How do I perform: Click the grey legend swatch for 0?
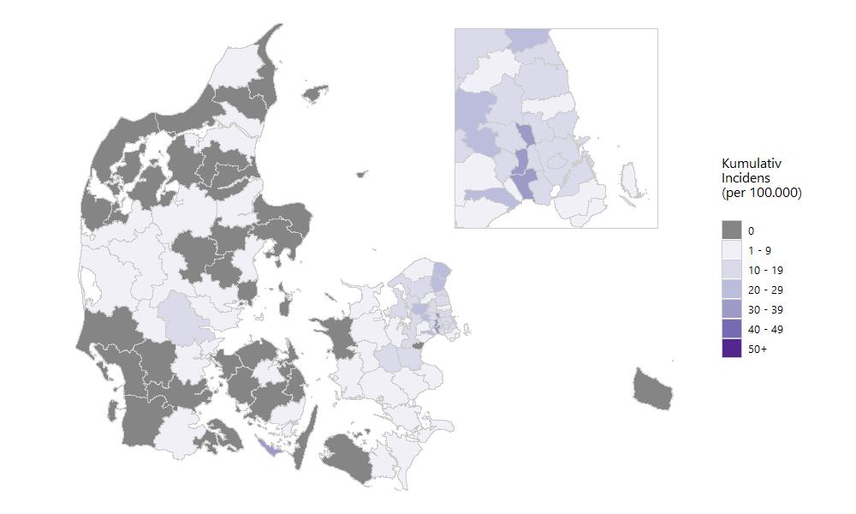(x=731, y=230)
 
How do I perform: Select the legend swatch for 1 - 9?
(x=731, y=250)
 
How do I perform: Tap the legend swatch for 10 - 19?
(x=731, y=270)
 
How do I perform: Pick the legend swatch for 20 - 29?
(x=731, y=290)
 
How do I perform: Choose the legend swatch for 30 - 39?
(x=731, y=309)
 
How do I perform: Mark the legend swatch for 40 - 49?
(x=731, y=329)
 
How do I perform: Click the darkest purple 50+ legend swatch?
(x=731, y=349)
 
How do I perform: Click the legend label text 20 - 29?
(x=764, y=290)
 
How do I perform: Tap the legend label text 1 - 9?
(x=759, y=250)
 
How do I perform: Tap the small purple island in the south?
(x=270, y=446)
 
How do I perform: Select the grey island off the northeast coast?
(x=315, y=92)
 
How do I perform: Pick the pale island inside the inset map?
(x=632, y=179)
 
